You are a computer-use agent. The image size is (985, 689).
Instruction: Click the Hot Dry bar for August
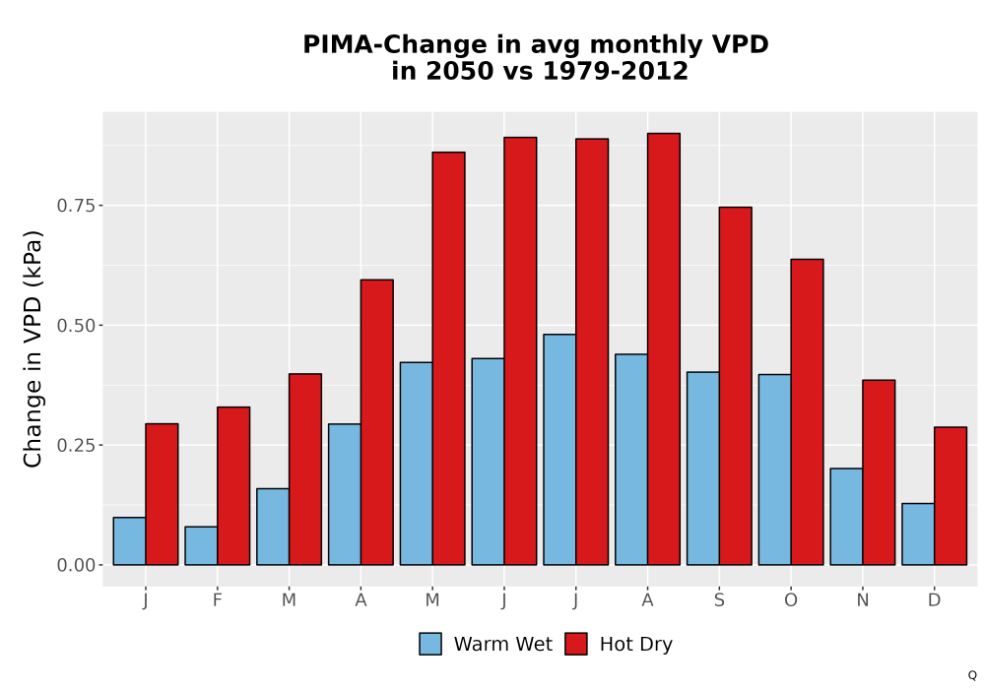click(x=663, y=348)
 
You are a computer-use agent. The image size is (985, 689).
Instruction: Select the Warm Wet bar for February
click(x=201, y=546)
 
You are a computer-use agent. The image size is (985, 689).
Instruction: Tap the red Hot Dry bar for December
click(x=951, y=496)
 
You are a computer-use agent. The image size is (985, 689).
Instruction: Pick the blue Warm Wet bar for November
click(x=846, y=517)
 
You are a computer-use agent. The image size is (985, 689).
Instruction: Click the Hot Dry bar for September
click(x=735, y=386)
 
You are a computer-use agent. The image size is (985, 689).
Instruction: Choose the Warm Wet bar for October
click(x=774, y=470)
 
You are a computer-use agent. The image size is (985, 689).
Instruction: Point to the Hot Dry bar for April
click(x=377, y=422)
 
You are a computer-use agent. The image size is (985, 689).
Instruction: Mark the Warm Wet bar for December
click(x=918, y=534)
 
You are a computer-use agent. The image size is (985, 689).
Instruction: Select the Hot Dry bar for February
click(x=233, y=485)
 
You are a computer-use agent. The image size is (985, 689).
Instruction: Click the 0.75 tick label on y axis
click(x=76, y=206)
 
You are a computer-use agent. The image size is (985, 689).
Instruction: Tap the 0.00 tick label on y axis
click(x=76, y=565)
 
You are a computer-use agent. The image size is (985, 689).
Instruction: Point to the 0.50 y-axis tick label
click(x=76, y=326)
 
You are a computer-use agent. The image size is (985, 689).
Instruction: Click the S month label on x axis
click(x=719, y=600)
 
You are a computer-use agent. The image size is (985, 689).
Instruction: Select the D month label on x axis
click(x=934, y=600)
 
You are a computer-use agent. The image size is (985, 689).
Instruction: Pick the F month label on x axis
click(x=218, y=600)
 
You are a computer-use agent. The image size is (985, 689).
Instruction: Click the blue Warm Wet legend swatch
click(x=430, y=644)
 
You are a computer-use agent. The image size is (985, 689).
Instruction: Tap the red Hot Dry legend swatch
click(x=576, y=644)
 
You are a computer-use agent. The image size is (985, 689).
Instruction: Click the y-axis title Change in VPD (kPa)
click(x=33, y=348)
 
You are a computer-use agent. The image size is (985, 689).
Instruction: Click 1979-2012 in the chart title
click(x=615, y=71)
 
